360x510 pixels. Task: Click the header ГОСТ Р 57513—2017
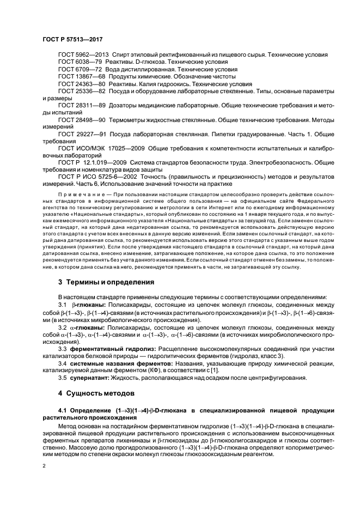(x=74, y=40)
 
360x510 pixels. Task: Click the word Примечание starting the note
(x=80, y=194)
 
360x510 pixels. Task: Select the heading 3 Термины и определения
(x=106, y=282)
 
